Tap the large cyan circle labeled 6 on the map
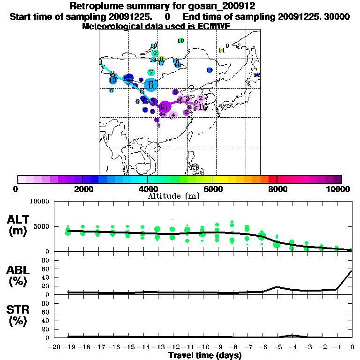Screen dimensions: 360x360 pyautogui.click(x=151, y=84)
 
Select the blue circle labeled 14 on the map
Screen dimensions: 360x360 pyautogui.click(x=257, y=75)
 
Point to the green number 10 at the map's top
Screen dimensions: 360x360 pyautogui.click(x=180, y=41)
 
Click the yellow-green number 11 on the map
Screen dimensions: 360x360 pyautogui.click(x=222, y=50)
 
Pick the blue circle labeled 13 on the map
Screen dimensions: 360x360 pyautogui.click(x=112, y=80)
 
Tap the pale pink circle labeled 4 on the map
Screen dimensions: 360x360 pyautogui.click(x=173, y=115)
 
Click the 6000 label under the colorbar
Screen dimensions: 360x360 pyautogui.click(x=212, y=189)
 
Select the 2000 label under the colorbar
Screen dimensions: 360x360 pyautogui.click(x=82, y=189)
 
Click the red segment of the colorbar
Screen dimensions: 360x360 pyautogui.click(x=273, y=179)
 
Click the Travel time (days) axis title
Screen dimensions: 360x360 pyautogui.click(x=205, y=355)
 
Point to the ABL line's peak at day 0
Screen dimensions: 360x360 pyautogui.click(x=352, y=270)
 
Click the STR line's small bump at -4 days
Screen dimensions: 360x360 pyautogui.click(x=292, y=335)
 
